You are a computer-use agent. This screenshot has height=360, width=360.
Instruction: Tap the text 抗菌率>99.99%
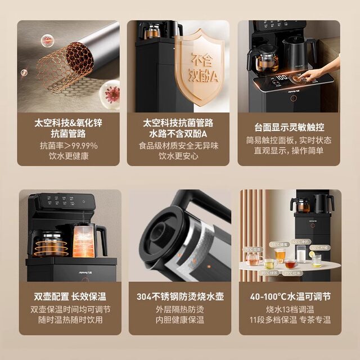(69, 145)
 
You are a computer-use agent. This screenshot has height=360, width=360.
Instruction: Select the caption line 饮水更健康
(69, 156)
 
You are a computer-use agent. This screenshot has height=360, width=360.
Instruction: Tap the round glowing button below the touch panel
(293, 98)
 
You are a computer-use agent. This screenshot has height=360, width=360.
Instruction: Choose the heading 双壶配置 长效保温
(69, 296)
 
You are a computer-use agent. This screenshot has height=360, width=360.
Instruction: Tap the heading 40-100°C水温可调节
(289, 296)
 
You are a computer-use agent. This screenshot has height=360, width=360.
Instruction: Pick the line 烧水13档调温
(289, 309)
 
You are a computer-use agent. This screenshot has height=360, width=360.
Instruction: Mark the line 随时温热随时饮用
(69, 319)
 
